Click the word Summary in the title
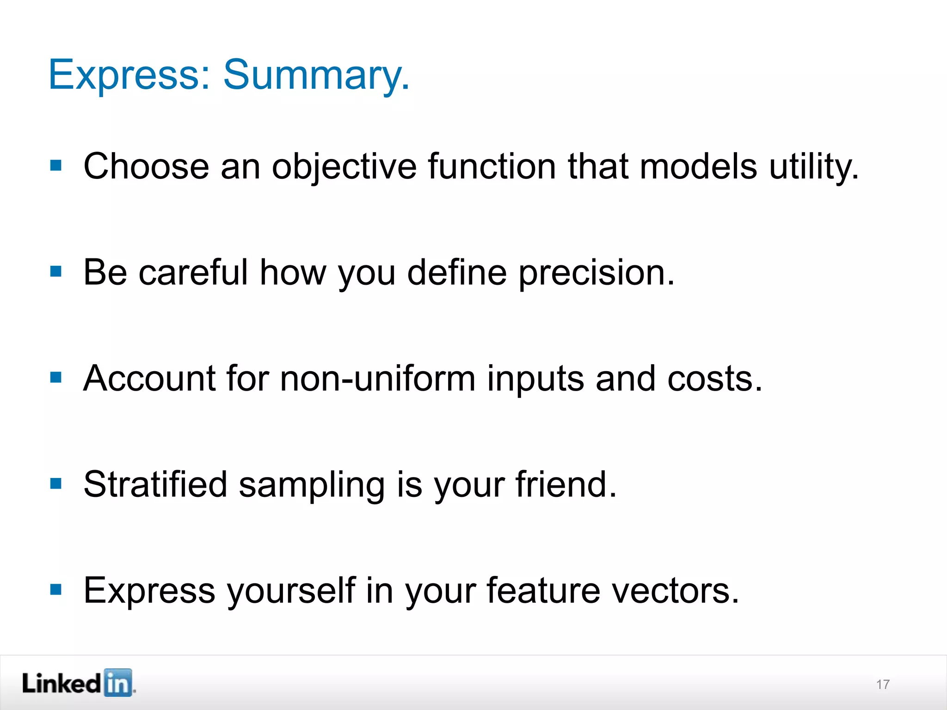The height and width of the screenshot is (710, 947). (316, 75)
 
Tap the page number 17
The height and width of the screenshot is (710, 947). (883, 685)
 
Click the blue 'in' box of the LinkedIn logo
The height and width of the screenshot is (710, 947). (118, 683)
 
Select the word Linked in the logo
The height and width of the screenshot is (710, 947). (61, 683)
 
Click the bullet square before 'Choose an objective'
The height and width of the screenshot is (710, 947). (56, 165)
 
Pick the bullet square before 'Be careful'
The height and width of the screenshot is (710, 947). (56, 271)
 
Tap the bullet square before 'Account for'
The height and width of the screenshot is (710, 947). (56, 378)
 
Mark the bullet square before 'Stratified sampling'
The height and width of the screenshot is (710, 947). (56, 484)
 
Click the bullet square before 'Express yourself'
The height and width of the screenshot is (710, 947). (56, 589)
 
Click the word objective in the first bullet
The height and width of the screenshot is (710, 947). (344, 166)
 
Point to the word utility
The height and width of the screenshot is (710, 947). (813, 166)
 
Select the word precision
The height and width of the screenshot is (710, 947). (596, 273)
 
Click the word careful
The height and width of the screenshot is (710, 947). (193, 273)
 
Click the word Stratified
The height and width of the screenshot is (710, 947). (155, 484)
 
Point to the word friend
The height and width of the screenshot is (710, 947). (566, 484)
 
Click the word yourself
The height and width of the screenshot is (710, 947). (291, 591)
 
